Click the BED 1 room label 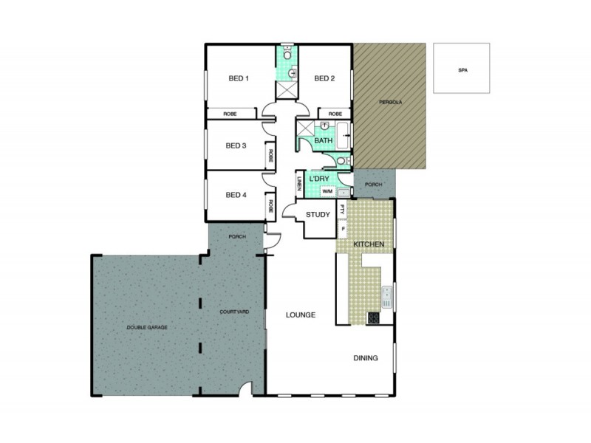click(239, 78)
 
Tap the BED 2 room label click(325, 78)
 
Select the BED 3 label click(236, 145)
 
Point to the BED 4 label click(236, 195)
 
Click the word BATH click(324, 141)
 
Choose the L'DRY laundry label click(319, 179)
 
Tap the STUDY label click(318, 216)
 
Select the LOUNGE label click(301, 315)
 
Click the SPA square click(462, 69)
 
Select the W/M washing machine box click(327, 193)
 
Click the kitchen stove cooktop click(374, 318)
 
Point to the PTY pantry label click(342, 209)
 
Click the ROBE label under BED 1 click(230, 114)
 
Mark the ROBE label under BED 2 click(335, 114)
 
